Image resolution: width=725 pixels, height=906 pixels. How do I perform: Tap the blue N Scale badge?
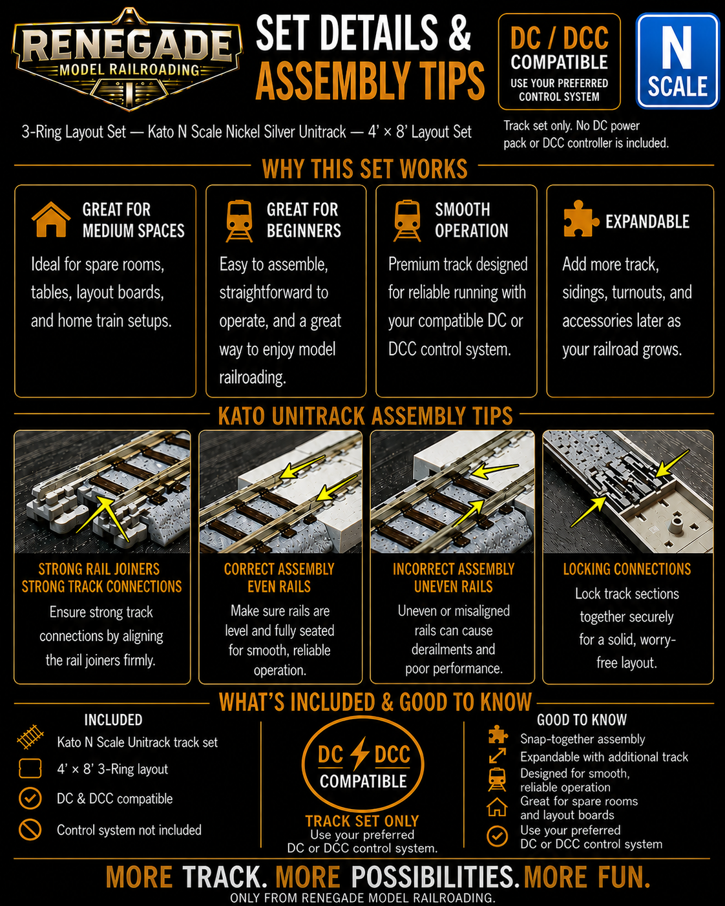(x=677, y=61)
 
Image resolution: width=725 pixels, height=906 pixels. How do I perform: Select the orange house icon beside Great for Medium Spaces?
(x=51, y=219)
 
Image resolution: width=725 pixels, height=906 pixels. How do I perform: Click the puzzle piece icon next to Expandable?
(x=581, y=218)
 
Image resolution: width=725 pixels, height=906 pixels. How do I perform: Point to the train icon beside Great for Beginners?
(x=239, y=220)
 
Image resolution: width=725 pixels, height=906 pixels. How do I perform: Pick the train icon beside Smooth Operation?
(x=406, y=220)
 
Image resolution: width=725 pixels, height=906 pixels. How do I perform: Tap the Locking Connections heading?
(x=627, y=569)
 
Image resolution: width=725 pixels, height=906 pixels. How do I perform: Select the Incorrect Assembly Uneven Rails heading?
(x=454, y=578)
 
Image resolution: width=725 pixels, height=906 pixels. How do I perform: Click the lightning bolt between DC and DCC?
(x=359, y=753)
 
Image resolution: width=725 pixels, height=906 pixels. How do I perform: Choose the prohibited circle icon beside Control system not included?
(x=30, y=830)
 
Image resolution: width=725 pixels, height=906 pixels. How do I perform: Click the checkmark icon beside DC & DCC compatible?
(x=30, y=798)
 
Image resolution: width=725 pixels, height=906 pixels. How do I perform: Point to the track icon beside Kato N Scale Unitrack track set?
(x=30, y=737)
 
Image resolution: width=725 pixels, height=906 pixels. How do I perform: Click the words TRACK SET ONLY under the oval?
(x=362, y=821)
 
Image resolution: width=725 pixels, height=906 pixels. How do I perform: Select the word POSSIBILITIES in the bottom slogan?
(x=432, y=877)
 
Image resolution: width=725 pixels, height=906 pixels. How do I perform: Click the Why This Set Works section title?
(x=364, y=169)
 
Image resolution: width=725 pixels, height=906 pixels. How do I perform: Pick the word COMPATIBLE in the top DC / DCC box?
(x=559, y=62)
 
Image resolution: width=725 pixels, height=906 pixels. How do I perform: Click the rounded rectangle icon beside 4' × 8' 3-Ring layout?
(x=30, y=768)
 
